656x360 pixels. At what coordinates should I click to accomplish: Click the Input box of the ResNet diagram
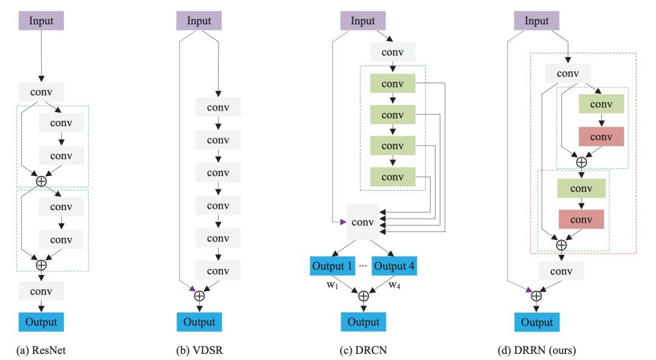41,21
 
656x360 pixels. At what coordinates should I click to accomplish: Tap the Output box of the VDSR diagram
199,322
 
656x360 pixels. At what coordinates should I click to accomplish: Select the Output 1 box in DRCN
332,266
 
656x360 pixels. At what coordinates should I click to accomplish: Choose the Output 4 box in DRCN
394,266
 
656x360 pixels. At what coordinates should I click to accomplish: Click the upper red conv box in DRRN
601,137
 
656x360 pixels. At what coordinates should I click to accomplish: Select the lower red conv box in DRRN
581,219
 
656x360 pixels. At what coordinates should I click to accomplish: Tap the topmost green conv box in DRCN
392,84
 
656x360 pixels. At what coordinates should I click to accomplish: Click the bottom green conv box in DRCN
392,177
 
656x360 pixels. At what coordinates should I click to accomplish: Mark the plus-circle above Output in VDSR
199,296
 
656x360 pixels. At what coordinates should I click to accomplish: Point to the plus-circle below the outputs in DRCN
363,296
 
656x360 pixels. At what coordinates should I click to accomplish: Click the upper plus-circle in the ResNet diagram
41,181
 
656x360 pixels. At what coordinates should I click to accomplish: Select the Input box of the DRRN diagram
536,21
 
